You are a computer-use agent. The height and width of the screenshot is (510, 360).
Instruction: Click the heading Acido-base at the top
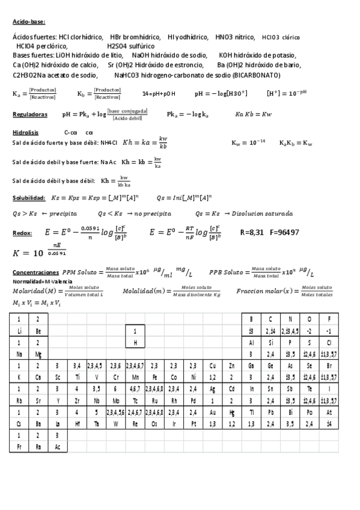(x=28, y=23)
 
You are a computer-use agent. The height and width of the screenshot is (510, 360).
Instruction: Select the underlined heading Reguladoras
(x=29, y=114)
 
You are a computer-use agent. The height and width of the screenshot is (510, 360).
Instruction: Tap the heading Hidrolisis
(x=25, y=132)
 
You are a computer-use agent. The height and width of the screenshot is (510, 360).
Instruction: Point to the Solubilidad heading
(x=29, y=198)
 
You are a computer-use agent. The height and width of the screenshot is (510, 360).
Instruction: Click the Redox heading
(x=22, y=233)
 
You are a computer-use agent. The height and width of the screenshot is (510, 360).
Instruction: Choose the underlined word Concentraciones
(x=35, y=271)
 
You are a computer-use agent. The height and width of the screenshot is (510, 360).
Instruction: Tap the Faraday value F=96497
(x=285, y=232)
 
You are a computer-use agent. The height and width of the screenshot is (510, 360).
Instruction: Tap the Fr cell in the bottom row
(x=19, y=447)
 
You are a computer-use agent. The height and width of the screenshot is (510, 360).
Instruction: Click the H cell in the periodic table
(x=135, y=342)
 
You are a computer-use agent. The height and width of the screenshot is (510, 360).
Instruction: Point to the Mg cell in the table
(x=38, y=354)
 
